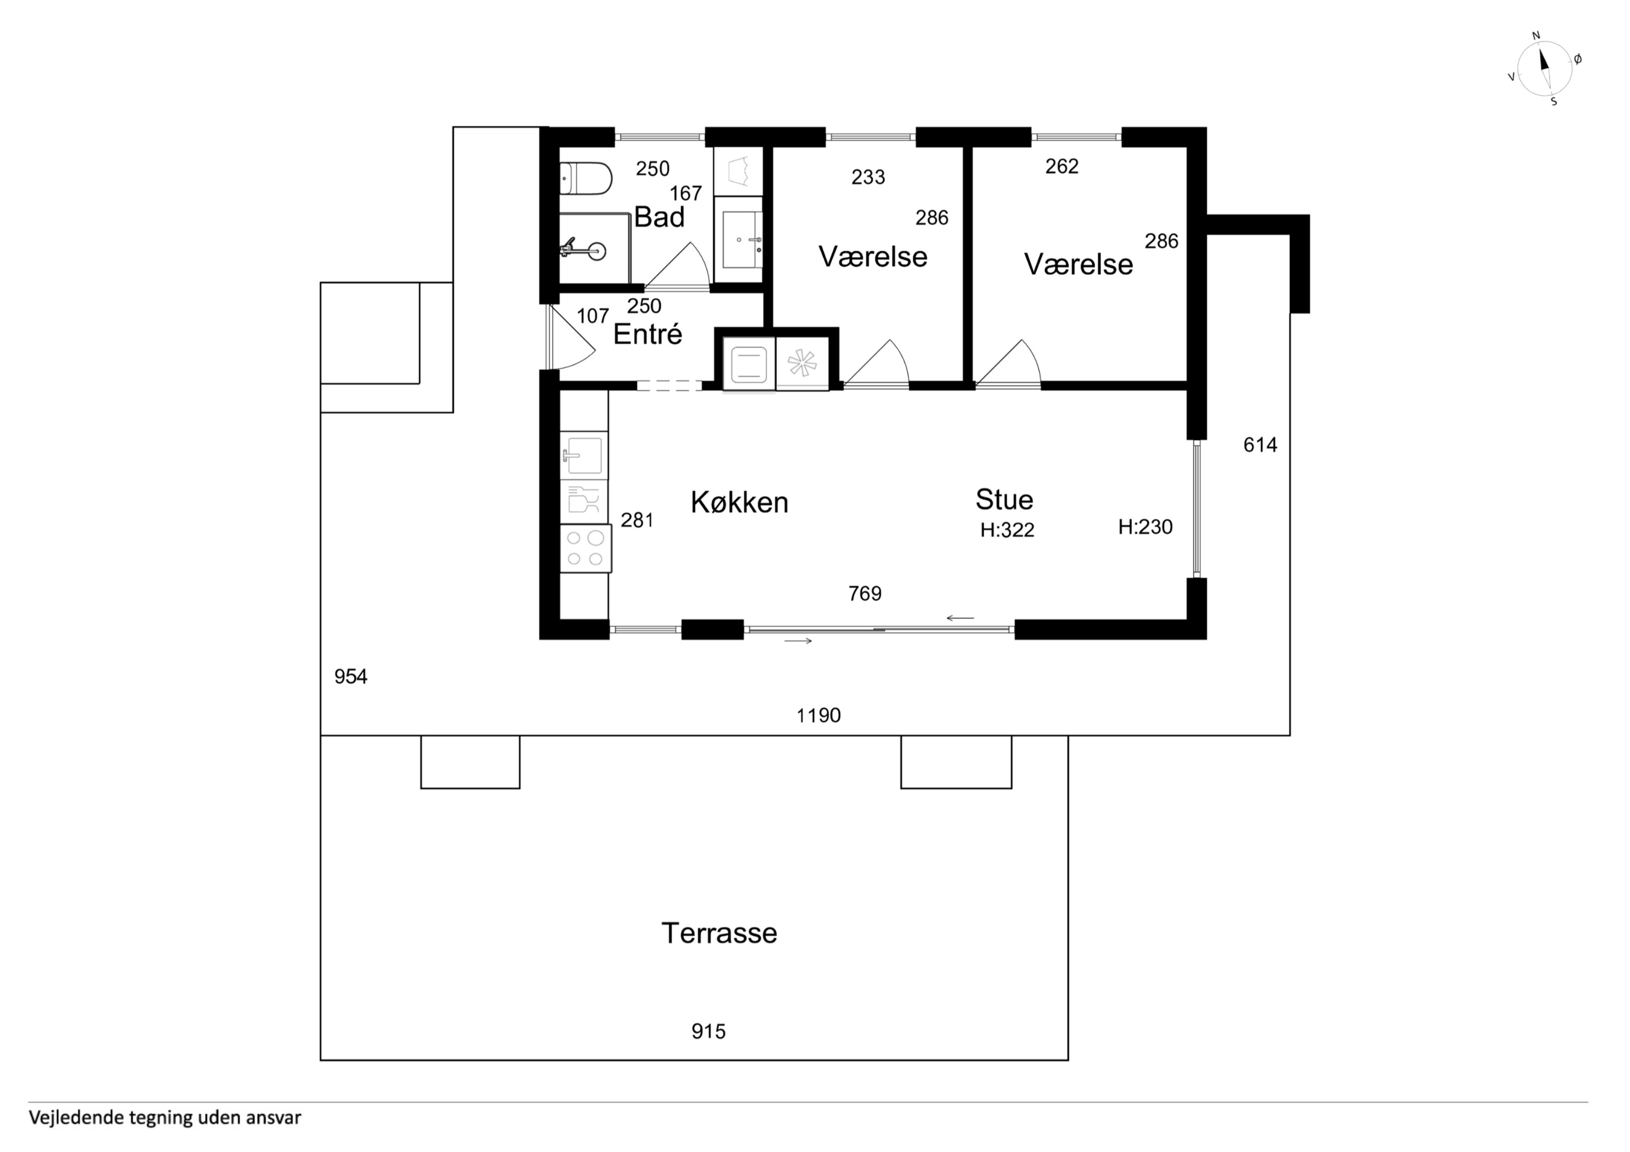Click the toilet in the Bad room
(x=586, y=178)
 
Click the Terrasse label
(x=719, y=933)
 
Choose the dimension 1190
(x=818, y=716)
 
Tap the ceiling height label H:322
(x=1007, y=530)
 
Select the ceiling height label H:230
(x=1145, y=527)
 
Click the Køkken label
(x=740, y=502)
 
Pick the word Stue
(x=1004, y=500)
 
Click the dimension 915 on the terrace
(x=709, y=1031)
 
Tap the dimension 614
(x=1260, y=445)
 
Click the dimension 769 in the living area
(x=865, y=594)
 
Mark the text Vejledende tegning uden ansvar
(x=165, y=1118)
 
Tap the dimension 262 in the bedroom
(x=1062, y=166)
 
